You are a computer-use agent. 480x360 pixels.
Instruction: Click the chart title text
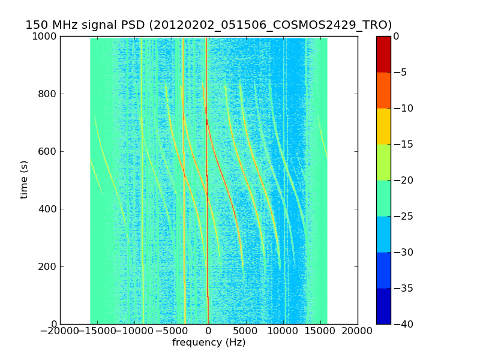[208, 25]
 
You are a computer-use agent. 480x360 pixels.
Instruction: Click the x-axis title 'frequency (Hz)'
[209, 343]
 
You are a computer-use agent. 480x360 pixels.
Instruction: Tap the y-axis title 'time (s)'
[25, 179]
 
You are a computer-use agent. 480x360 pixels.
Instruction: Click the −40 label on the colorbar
[400, 324]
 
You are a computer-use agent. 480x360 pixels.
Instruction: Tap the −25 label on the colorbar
[400, 216]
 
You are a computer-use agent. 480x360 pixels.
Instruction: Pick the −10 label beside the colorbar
[400, 108]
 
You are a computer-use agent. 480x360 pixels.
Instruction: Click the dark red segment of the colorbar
[383, 54]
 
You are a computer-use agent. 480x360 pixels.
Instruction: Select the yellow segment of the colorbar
[383, 126]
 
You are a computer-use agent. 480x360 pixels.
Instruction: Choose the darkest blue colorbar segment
[383, 306]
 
